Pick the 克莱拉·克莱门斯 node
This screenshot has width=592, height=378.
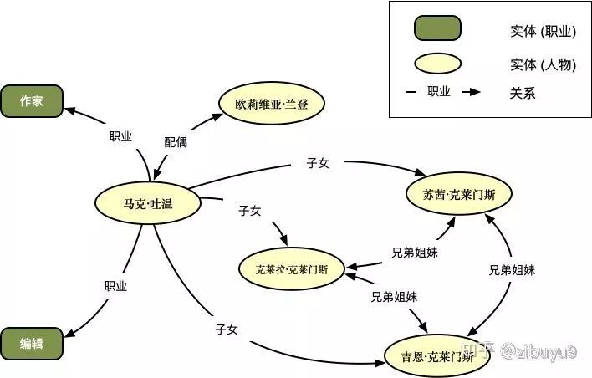[x=291, y=268]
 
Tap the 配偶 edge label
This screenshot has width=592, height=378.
[x=176, y=142]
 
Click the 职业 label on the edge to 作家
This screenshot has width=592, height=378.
[x=120, y=136]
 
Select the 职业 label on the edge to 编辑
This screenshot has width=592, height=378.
[x=115, y=286]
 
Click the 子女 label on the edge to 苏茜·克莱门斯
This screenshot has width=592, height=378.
[x=318, y=162]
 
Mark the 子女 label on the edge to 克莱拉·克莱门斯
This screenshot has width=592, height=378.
[x=250, y=211]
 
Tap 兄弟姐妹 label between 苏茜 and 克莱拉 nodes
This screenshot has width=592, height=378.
[x=415, y=251]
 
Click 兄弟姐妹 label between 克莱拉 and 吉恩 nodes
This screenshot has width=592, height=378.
[x=395, y=296]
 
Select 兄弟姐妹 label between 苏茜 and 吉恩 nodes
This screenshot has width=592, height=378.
[x=512, y=270]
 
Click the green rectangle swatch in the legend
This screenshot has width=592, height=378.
[x=437, y=29]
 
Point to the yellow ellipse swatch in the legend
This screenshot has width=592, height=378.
[x=437, y=63]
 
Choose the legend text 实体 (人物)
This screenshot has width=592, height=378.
[x=543, y=64]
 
